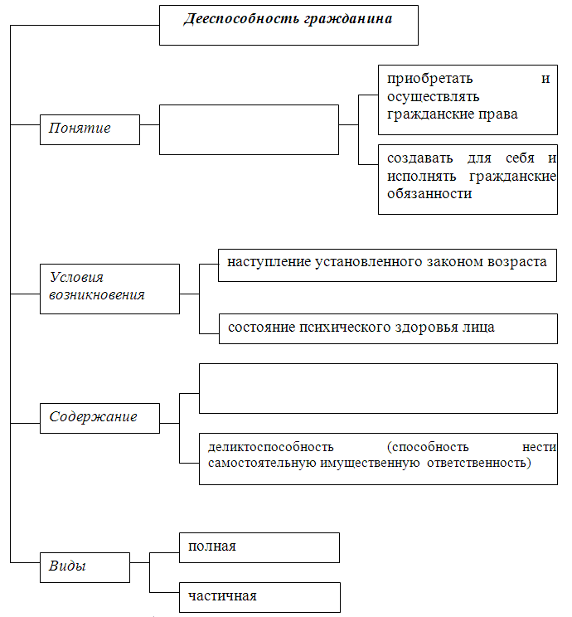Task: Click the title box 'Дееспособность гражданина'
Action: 288,25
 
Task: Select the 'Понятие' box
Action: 90,130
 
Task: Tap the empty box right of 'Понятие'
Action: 249,130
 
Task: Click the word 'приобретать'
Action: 430,80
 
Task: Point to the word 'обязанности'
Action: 429,193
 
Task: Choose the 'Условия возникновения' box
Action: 109,289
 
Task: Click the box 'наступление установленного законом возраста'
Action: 387,265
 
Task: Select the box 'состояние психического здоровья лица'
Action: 388,328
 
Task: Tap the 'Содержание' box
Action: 100,418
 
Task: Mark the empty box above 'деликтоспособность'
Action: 379,388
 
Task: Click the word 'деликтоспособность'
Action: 270,447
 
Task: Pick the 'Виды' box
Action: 85,567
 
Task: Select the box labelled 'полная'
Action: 259,547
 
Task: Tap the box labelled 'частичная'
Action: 259,597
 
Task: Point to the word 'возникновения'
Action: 97,295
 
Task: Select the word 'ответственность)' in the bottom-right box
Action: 479,463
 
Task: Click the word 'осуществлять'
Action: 433,97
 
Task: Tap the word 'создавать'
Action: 419,158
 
